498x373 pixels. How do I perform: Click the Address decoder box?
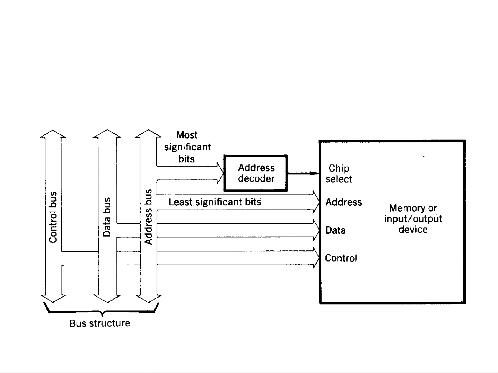coord(256,173)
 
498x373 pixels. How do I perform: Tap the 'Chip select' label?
coord(339,174)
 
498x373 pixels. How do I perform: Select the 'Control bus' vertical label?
coord(53,217)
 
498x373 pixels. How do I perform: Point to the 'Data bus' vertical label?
coord(107,217)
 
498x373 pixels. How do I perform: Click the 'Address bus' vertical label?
coord(148,217)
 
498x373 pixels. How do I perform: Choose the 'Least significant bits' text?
coord(215,202)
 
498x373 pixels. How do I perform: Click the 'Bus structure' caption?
coord(99,323)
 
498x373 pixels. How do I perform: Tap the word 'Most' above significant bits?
coord(186,135)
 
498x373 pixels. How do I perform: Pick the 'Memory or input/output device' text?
coord(413,219)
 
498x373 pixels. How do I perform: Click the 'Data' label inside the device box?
coord(335,230)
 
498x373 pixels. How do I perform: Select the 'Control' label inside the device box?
coord(341,258)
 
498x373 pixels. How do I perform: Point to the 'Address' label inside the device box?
coord(343,202)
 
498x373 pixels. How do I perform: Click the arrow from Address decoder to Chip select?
coord(303,173)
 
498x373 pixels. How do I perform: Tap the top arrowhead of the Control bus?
coord(53,134)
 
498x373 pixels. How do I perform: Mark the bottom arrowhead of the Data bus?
coord(107,299)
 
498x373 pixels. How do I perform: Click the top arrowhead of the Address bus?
coord(148,134)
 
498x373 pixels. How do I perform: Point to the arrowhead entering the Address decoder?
coord(220,173)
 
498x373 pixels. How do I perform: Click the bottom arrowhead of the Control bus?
coord(53,299)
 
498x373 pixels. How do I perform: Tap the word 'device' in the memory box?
coord(413,230)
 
